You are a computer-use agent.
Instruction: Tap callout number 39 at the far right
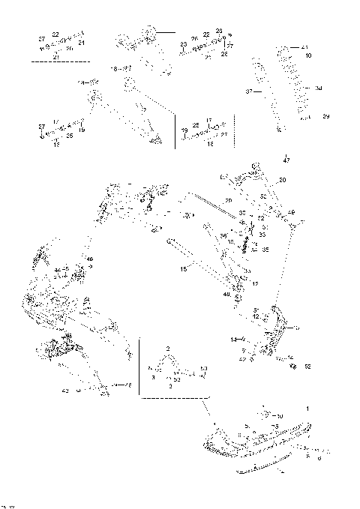pos(325,117)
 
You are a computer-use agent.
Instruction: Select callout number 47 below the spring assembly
pos(286,160)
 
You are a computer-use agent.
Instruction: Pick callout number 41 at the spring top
pos(306,48)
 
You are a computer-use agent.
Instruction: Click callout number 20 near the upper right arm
pos(282,181)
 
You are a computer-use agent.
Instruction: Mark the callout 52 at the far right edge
pos(307,367)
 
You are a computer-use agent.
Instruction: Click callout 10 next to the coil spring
pos(309,56)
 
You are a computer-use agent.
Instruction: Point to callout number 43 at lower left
pos(65,391)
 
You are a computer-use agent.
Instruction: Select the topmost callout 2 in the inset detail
pos(169,349)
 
